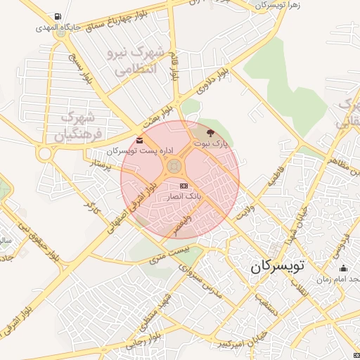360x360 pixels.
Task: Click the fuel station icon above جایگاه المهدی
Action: point(56,17)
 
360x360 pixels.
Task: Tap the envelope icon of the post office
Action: point(139,140)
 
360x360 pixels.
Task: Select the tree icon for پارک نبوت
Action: point(211,132)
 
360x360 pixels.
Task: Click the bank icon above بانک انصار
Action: point(184,186)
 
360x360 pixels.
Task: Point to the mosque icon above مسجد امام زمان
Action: point(343,269)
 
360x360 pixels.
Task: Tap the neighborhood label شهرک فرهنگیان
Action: point(82,124)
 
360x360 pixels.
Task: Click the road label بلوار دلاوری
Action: point(214,83)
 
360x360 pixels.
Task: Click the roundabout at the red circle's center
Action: point(173,167)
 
